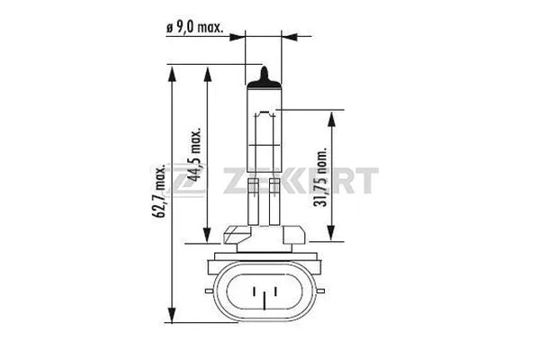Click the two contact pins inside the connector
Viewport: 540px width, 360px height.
[x=263, y=293]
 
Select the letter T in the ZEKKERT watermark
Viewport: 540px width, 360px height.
[x=366, y=184]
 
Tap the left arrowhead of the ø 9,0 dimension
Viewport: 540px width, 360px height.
[x=241, y=38]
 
